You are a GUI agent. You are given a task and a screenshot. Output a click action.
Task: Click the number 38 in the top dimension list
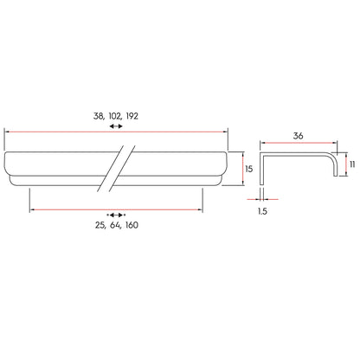point(97,116)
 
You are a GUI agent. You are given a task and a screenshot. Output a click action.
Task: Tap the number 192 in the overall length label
point(132,116)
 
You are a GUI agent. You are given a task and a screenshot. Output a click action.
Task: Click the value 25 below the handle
point(100,225)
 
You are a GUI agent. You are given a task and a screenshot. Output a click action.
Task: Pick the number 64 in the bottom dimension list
point(115,225)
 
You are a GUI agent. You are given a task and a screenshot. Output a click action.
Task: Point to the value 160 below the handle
point(132,225)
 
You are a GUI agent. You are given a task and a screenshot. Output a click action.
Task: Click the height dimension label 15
point(248,169)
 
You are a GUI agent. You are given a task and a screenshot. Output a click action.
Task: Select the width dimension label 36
point(298,136)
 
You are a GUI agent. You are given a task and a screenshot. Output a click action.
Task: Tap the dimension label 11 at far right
point(352,164)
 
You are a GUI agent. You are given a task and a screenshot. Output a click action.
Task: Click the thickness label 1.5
point(262,211)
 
